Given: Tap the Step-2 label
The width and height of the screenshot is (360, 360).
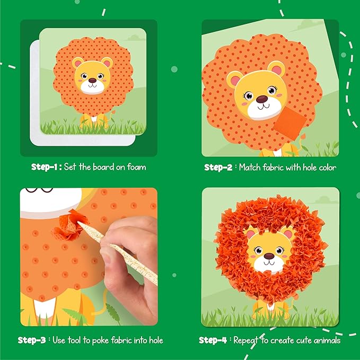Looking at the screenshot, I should (x=218, y=167).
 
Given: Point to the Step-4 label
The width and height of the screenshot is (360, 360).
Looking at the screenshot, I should (x=213, y=340).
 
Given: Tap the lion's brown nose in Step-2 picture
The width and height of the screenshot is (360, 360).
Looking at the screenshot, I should (x=261, y=99).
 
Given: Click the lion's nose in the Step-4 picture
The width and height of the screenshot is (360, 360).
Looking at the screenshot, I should (x=269, y=256).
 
